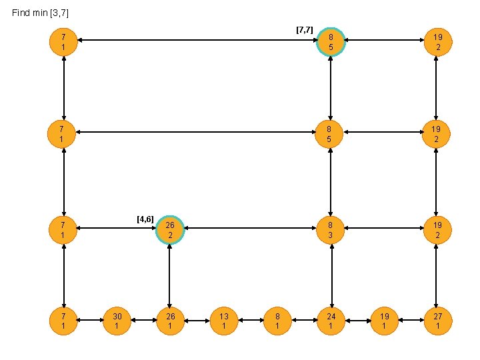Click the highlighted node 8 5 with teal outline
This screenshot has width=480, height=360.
click(331, 41)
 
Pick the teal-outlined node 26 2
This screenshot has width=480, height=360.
click(170, 230)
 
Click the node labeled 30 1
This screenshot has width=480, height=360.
click(117, 321)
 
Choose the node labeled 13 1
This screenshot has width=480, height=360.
click(224, 321)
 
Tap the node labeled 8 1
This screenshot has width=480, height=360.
click(277, 321)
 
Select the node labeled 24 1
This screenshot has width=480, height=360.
click(331, 321)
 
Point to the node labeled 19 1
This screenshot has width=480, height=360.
click(384, 321)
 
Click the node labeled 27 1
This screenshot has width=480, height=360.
click(437, 321)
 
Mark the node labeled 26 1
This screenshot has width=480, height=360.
click(170, 321)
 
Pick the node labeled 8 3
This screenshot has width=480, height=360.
click(331, 230)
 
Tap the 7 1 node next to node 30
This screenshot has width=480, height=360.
click(63, 321)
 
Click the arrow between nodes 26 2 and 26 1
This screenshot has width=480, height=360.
click(170, 275)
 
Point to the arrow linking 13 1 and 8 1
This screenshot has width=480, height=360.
click(251, 321)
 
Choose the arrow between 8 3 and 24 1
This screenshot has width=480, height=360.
click(331, 275)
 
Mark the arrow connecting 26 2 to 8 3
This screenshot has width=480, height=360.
click(251, 230)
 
